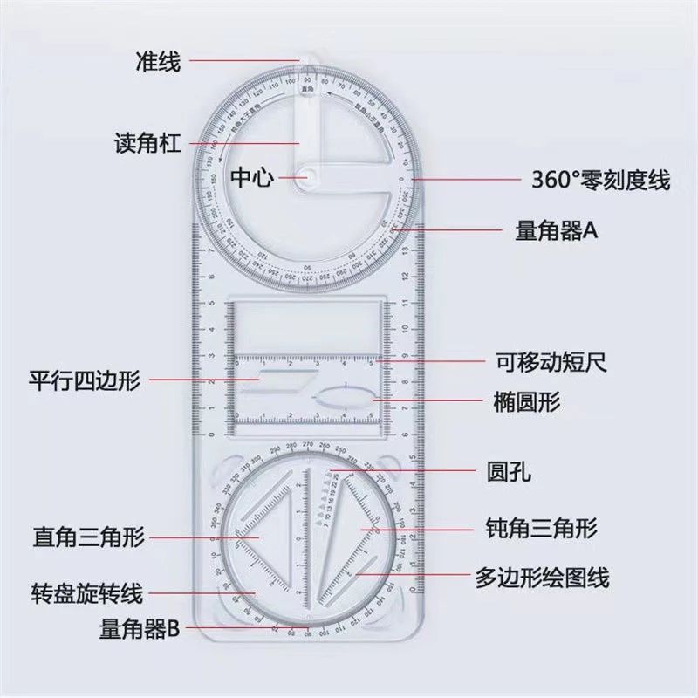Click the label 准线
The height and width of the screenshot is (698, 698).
tap(157, 62)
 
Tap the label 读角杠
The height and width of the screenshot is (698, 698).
tap(147, 143)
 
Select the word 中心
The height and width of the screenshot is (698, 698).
tap(252, 178)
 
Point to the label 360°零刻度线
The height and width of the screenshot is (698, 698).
tap(601, 181)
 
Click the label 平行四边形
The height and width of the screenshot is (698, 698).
tap(85, 380)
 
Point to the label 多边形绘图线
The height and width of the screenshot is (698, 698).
tap(542, 577)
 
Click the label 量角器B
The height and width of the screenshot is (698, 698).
tap(140, 627)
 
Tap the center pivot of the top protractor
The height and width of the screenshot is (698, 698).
tap(311, 175)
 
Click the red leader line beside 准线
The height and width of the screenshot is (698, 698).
tap(244, 61)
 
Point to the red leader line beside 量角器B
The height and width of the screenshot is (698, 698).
tap(240, 627)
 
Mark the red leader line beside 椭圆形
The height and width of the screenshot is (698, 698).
tap(428, 401)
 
